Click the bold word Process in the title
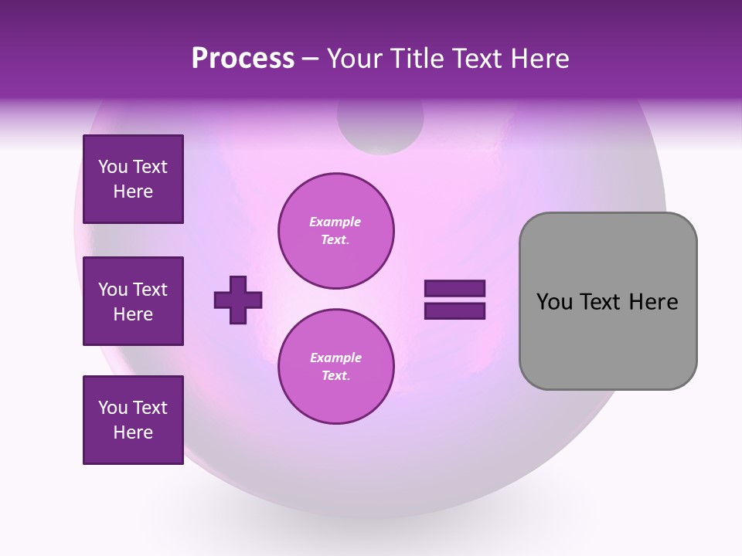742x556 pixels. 243,59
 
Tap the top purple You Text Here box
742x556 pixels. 133,179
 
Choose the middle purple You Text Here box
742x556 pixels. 133,301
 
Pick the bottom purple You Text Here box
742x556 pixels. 133,420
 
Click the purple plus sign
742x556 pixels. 238,300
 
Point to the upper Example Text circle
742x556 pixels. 335,231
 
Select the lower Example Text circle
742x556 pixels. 335,367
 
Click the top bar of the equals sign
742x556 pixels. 454,289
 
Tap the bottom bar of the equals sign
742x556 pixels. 454,310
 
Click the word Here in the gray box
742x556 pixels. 653,302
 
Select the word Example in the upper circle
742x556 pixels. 335,222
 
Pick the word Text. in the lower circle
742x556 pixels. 335,376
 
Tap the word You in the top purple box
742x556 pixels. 113,167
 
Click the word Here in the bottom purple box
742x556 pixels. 133,432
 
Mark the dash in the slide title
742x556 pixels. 311,59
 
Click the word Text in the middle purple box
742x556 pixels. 150,290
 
